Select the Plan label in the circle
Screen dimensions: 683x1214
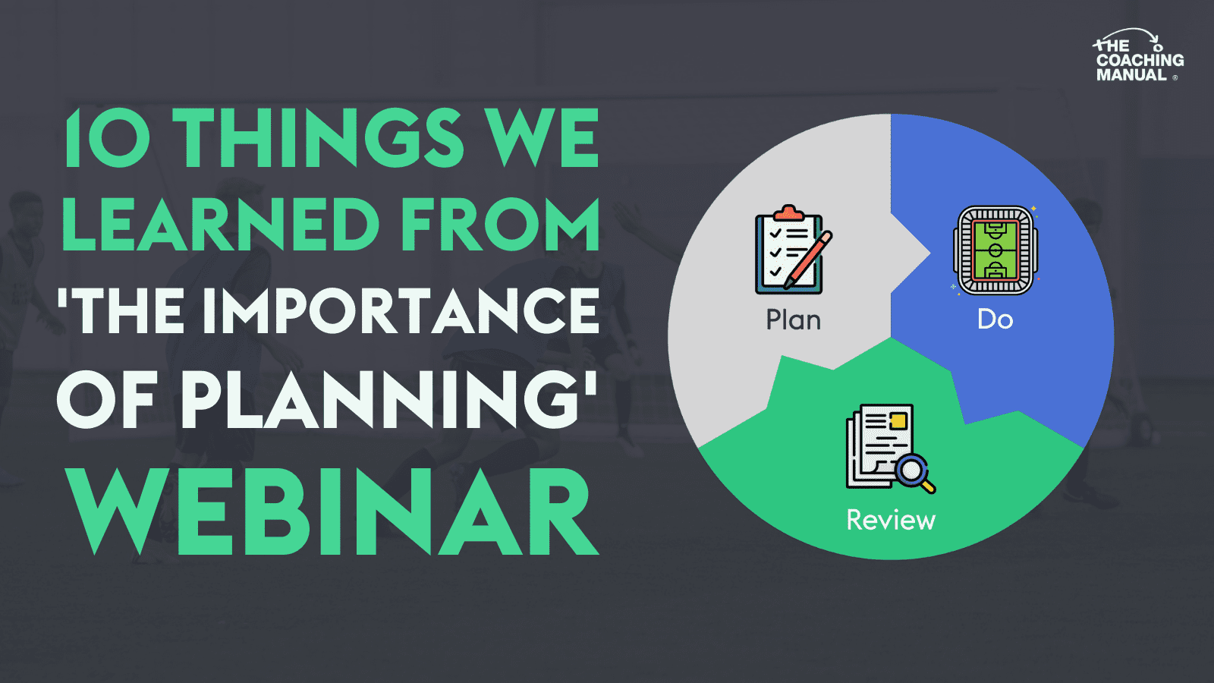794,319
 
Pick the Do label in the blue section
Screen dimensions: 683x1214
995,319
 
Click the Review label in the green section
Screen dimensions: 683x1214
891,520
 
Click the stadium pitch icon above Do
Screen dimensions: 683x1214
995,250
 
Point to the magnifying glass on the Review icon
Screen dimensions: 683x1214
914,471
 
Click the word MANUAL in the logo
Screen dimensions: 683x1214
1131,74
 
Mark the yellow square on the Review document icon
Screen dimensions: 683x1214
898,420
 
